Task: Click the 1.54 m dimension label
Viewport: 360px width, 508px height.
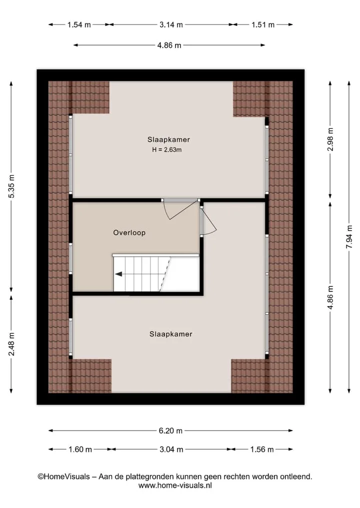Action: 79,24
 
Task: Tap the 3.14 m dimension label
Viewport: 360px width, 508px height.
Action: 171,24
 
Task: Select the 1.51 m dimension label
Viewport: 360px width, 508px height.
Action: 263,24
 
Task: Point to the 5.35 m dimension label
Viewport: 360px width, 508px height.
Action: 11,186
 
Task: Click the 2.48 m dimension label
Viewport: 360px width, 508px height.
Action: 11,344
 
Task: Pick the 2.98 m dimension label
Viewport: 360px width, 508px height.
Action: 330,139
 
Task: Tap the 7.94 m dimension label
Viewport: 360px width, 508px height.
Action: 349,237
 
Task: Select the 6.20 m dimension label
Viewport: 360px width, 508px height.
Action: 170,431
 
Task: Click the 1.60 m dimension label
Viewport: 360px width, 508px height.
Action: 80,450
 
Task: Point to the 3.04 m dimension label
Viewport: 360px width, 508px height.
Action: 171,450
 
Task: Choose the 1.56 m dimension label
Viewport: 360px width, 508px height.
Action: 262,450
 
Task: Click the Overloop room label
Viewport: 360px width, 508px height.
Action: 129,233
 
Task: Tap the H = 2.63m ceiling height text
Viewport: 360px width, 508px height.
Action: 166,150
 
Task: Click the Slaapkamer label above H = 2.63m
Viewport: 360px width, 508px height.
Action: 168,140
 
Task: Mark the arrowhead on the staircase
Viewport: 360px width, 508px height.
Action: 118,274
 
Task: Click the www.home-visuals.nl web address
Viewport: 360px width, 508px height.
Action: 175,486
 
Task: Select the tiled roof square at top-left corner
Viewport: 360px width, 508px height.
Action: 79,97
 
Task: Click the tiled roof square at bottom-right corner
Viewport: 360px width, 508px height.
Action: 262,376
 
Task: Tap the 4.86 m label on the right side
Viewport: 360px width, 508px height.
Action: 330,297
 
